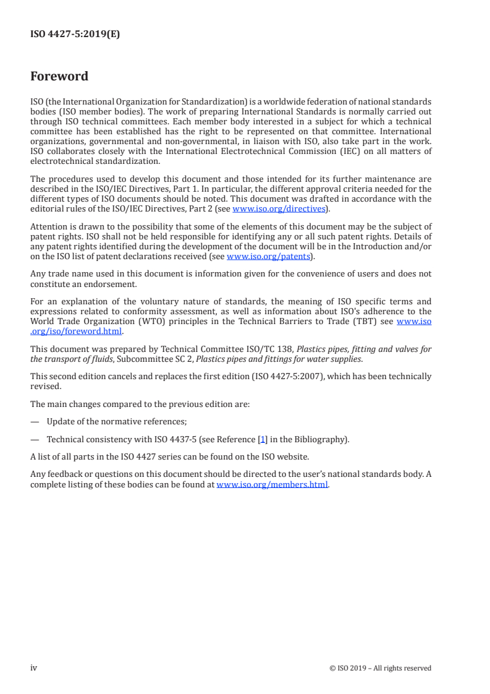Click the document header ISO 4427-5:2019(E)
[x=75, y=35]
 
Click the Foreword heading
[x=59, y=77]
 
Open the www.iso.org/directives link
[x=278, y=209]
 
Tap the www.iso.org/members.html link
[x=272, y=485]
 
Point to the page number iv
[x=34, y=667]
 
